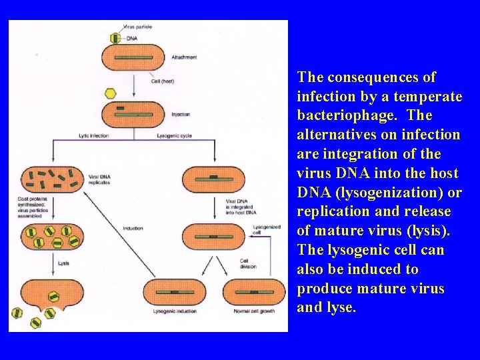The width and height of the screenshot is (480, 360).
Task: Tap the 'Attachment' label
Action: pyautogui.click(x=184, y=57)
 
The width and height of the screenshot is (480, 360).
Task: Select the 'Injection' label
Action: pyautogui.click(x=181, y=115)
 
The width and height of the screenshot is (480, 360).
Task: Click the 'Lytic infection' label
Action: pyautogui.click(x=93, y=136)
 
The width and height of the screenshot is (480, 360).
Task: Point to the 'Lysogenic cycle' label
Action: pyautogui.click(x=174, y=136)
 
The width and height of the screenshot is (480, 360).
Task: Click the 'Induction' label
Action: pyautogui.click(x=133, y=229)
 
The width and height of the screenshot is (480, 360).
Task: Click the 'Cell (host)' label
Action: pyautogui.click(x=163, y=81)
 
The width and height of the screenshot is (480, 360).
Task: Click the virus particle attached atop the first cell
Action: pyautogui.click(x=115, y=38)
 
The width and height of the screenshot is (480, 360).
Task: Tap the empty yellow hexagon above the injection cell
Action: pyautogui.click(x=111, y=93)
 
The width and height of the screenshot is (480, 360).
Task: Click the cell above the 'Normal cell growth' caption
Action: pyautogui.click(x=254, y=292)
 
